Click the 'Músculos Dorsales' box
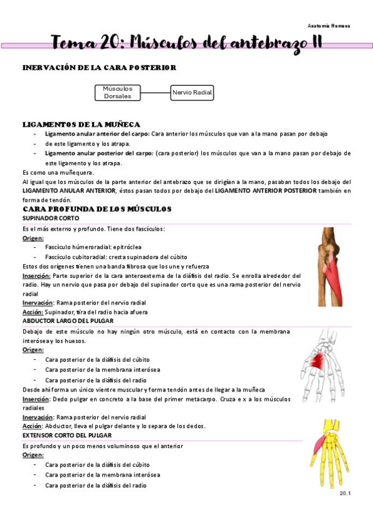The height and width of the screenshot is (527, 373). point(117,93)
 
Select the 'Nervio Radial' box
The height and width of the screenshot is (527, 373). point(192,93)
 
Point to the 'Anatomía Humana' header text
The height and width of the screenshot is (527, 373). point(329,26)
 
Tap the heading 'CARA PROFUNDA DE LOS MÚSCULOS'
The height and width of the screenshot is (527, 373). point(97,209)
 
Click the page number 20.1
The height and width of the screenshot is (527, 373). point(345,493)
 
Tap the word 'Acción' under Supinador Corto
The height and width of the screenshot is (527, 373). point(32,312)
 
